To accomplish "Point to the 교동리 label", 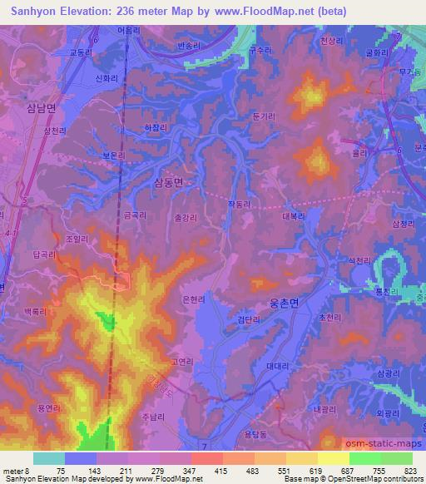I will tap(81, 52).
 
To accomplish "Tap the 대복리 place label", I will tap(294, 215).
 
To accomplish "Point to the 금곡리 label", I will tap(135, 215).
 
